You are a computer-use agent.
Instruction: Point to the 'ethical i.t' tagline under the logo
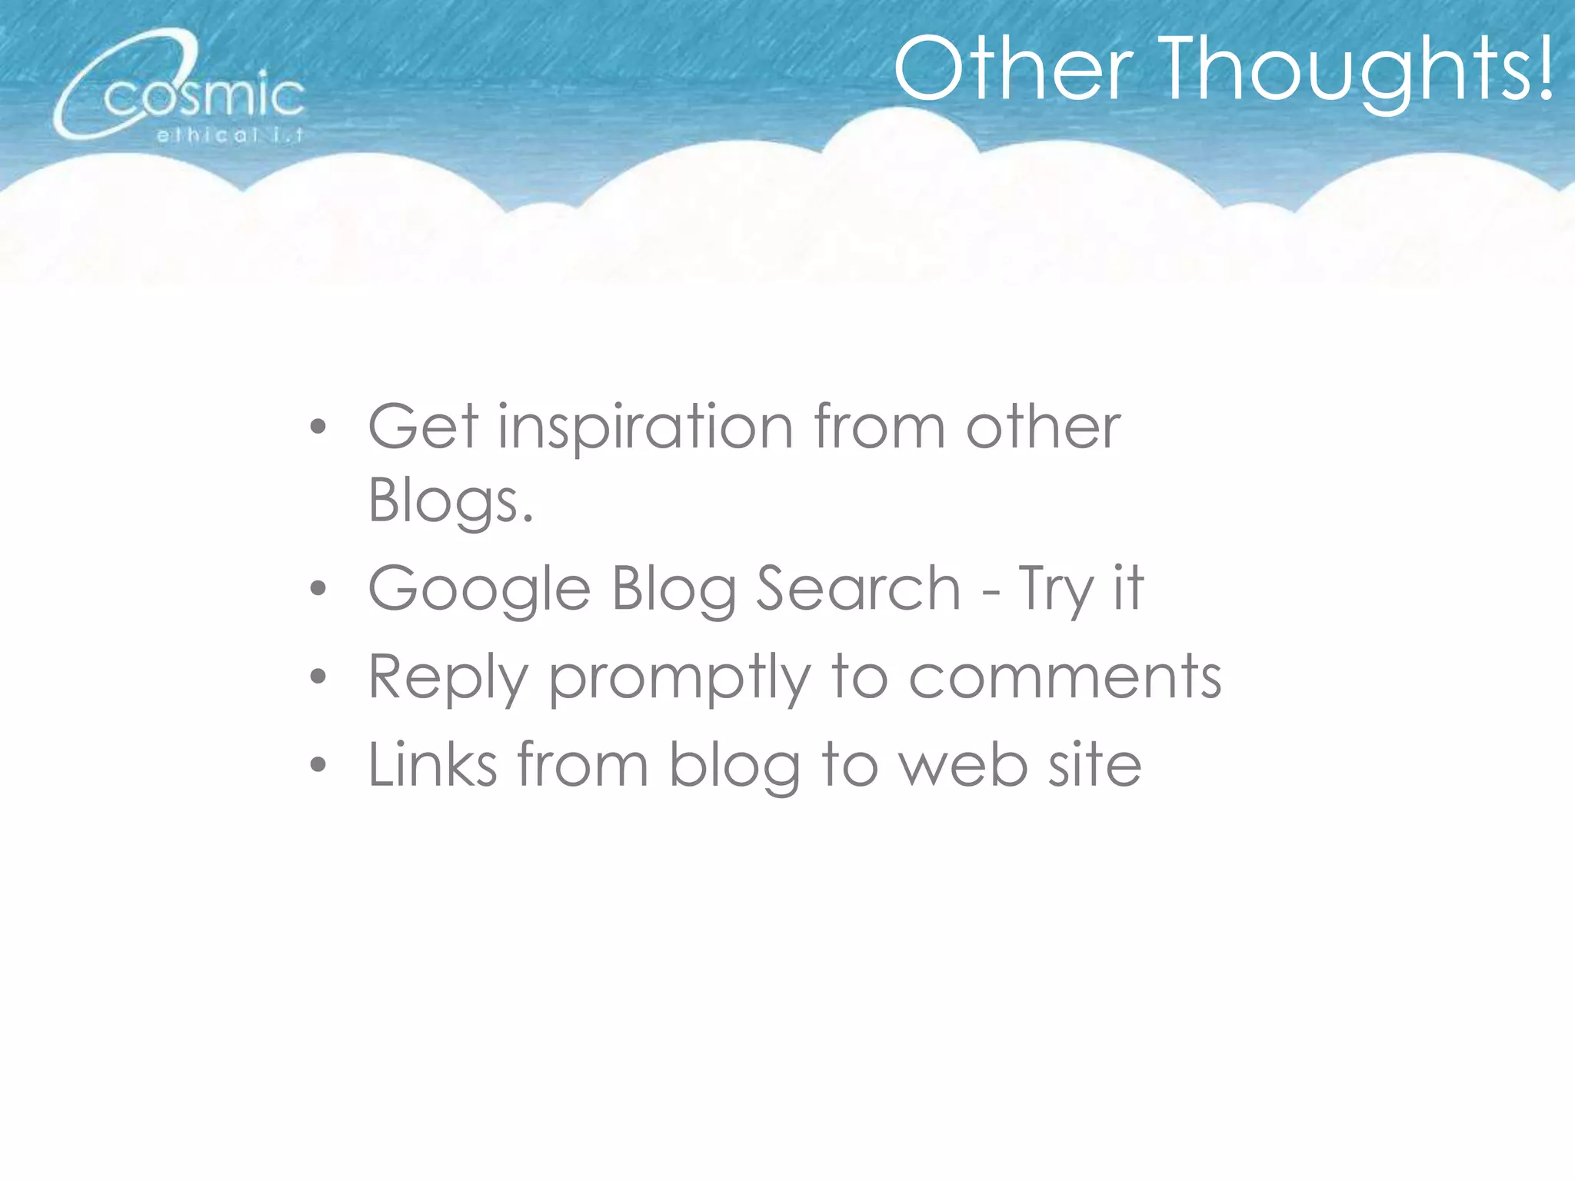[x=230, y=136]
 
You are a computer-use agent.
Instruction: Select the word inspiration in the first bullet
[x=645, y=428]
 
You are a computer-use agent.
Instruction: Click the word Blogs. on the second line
[x=451, y=501]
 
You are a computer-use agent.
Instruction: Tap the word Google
[x=479, y=590]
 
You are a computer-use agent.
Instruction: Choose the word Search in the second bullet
[x=858, y=589]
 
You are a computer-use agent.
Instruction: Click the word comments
[x=1065, y=677]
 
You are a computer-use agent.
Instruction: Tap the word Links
[x=432, y=764]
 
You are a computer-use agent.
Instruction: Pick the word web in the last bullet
[x=964, y=764]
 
